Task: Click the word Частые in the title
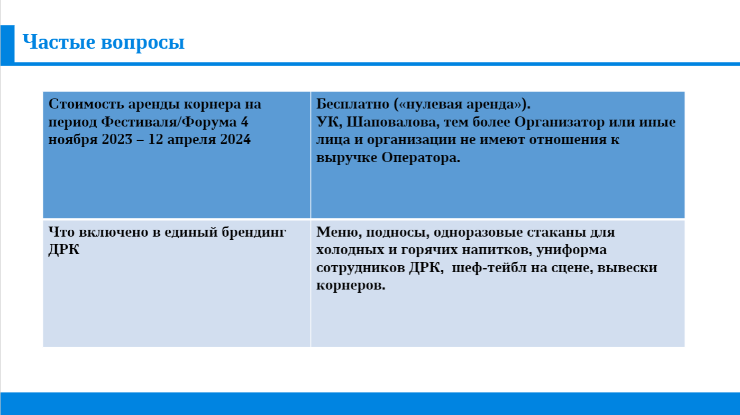tap(59, 42)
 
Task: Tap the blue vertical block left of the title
tap(7, 46)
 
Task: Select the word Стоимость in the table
tap(86, 104)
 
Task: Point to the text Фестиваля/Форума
tap(169, 122)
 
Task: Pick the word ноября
tap(72, 140)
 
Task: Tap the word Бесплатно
tap(353, 104)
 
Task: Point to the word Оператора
tap(421, 158)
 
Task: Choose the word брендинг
tap(254, 233)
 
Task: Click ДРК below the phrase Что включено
tap(64, 250)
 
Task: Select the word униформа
tap(571, 250)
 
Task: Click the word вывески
tap(627, 268)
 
